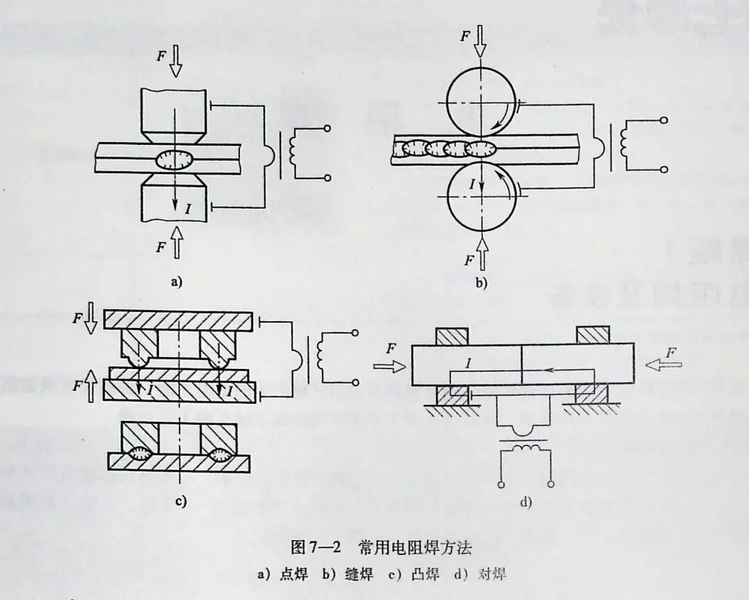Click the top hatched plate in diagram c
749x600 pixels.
[178, 320]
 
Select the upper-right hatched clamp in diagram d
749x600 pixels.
[594, 335]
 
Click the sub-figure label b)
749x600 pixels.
[481, 282]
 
